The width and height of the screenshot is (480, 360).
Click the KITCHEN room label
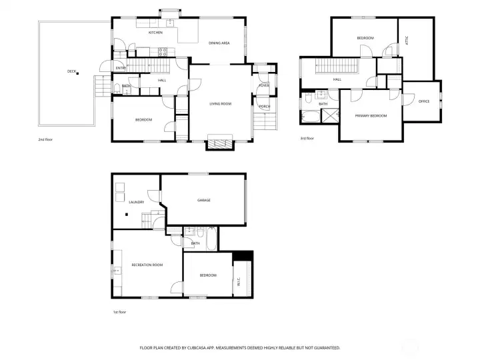[x=155, y=32]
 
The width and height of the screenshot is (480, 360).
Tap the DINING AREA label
[x=219, y=43]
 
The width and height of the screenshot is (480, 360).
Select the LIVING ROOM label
[x=221, y=103]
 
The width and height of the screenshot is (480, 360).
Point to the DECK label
[x=71, y=71]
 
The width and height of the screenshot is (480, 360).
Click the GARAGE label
[x=203, y=200]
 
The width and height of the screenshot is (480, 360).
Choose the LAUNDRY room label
[x=137, y=202]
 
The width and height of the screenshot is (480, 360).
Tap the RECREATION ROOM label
[x=147, y=265]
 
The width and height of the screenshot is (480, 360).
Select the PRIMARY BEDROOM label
[x=371, y=116]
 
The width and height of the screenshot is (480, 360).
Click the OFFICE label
[x=424, y=101]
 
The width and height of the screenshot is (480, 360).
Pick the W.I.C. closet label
[x=238, y=282]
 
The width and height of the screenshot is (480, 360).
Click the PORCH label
[x=264, y=106]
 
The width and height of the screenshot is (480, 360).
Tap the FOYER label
[x=264, y=85]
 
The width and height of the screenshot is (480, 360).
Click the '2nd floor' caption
[x=45, y=140]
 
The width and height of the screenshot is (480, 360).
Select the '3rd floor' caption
[x=307, y=138]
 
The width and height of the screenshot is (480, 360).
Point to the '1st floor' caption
[x=119, y=311]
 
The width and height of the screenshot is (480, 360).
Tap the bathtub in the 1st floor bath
[x=211, y=239]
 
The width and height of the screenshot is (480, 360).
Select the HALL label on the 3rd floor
[x=337, y=79]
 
